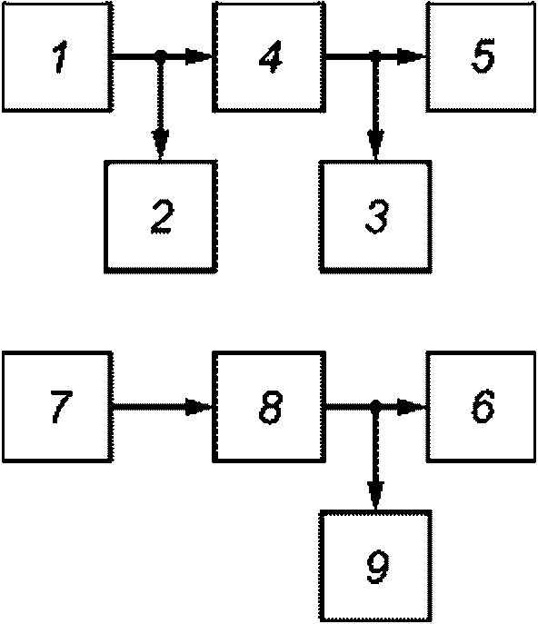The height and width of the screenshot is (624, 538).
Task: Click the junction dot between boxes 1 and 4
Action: click(160, 56)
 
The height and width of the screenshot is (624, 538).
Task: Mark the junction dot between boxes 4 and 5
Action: click(375, 56)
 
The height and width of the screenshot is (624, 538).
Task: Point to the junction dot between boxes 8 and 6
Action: click(375, 406)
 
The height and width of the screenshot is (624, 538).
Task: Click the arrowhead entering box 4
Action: click(199, 56)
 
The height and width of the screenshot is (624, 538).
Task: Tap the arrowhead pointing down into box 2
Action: click(160, 144)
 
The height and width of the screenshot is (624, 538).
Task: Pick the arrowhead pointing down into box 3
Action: click(375, 144)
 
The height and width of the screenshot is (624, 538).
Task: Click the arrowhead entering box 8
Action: click(199, 407)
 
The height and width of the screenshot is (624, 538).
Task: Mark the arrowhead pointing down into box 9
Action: click(375, 495)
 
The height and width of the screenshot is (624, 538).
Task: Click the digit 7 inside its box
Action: click(61, 406)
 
